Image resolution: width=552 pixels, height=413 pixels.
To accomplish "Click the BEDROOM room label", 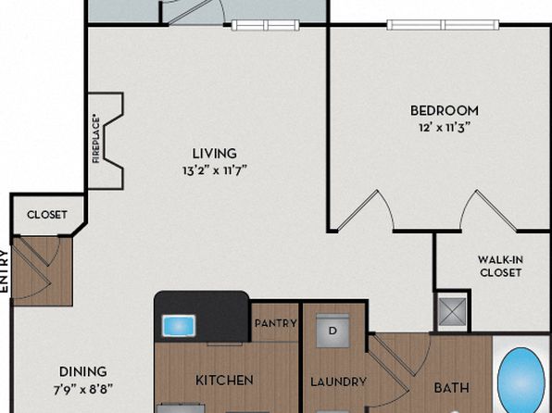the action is pos(445,110).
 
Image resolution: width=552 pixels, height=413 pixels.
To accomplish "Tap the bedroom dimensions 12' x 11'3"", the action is pos(445,127).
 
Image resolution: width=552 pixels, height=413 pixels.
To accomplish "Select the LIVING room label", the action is pos(214,154).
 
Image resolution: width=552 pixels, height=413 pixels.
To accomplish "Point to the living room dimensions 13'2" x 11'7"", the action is pos(214,170).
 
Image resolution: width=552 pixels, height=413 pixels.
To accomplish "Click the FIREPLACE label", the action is pos(96,141).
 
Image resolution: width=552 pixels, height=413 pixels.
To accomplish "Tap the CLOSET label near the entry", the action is pos(47,215).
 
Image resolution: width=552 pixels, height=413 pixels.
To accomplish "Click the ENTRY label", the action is pos(4,271).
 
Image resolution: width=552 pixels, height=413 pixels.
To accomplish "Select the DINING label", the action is pos(83,372).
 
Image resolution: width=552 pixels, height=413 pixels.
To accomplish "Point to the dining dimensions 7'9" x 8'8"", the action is pos(83,390).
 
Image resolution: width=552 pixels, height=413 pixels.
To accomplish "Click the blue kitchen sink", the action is pos(179,325).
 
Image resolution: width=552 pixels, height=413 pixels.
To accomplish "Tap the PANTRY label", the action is pos(275,323).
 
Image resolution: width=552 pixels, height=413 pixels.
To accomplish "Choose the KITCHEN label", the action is pos(224,381).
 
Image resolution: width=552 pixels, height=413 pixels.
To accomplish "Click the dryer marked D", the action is pos(332,331).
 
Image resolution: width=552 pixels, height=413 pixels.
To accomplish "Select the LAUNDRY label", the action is pos(338,382).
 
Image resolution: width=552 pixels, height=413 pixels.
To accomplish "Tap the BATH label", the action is pos(451,388).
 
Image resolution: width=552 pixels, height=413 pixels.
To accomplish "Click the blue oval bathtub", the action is pos(521,381).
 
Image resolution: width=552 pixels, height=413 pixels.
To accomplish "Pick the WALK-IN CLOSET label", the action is pos(500,266).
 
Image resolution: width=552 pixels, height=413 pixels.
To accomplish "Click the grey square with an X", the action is pos(452,312).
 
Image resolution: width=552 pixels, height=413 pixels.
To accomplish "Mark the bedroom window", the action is pos(443,25).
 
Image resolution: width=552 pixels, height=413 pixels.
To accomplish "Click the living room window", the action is pos(266,25).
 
